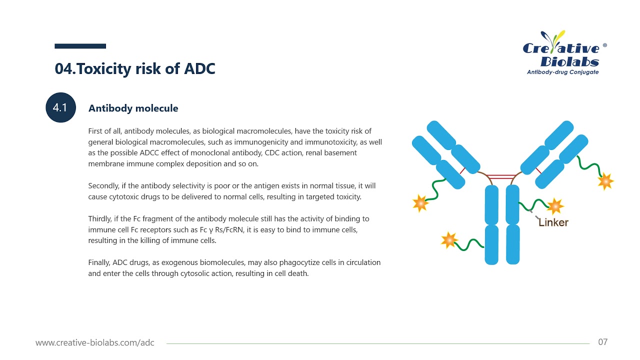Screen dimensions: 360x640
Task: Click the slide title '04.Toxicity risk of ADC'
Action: [x=135, y=68]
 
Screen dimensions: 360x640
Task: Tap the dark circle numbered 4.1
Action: [x=60, y=107]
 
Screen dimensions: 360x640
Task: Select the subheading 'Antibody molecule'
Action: [x=133, y=108]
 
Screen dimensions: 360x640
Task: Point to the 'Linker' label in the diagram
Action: [x=553, y=222]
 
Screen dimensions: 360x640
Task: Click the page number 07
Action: [x=602, y=342]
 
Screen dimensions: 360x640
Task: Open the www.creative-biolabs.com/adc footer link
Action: [x=95, y=343]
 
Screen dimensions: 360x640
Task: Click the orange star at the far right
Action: [x=605, y=181]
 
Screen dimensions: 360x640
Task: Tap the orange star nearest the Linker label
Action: [x=555, y=205]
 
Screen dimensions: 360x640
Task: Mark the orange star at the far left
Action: [x=420, y=202]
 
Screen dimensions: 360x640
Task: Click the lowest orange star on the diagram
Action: [x=449, y=240]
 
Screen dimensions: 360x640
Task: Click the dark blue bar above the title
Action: [x=80, y=46]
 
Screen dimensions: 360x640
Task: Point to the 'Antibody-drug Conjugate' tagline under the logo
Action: [x=562, y=72]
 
